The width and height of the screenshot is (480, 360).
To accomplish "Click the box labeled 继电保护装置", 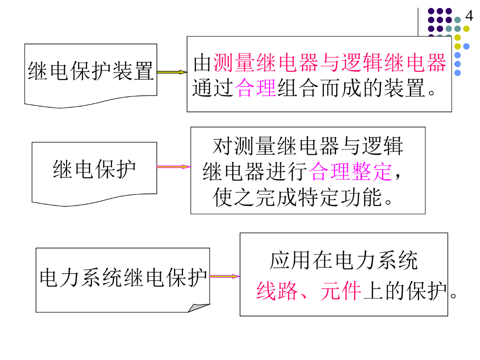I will pyautogui.click(x=91, y=71).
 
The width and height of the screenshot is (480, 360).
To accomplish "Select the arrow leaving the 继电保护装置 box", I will pyautogui.click(x=172, y=72).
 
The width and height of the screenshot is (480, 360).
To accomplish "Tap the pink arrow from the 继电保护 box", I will pyautogui.click(x=173, y=166).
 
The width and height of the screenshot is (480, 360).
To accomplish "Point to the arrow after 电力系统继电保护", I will pyautogui.click(x=225, y=276).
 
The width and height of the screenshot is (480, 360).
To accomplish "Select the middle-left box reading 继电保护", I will pyautogui.click(x=94, y=169).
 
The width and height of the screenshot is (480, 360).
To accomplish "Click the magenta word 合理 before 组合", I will pyautogui.click(x=256, y=88).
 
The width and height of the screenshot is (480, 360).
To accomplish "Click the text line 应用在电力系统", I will pyautogui.click(x=344, y=261).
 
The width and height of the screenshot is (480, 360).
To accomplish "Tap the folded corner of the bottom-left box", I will pyautogui.click(x=200, y=307).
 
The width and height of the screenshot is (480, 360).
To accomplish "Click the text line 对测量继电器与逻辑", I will pyautogui.click(x=307, y=146).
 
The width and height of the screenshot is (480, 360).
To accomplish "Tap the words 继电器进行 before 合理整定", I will pyautogui.click(x=255, y=172).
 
